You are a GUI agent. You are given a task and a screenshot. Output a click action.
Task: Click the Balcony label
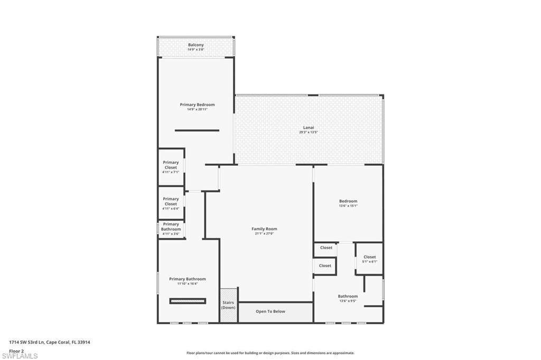coord(196,45)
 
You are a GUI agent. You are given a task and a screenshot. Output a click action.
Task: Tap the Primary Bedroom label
coord(197,105)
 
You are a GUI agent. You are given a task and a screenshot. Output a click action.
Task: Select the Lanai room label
coord(309,127)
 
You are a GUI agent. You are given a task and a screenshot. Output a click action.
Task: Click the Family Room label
coord(264,229)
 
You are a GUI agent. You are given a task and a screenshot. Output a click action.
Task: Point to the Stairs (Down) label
coord(228,305)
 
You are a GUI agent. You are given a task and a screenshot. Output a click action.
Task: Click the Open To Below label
coord(270,311)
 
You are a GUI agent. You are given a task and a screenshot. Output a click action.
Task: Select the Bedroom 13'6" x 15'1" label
coord(348,201)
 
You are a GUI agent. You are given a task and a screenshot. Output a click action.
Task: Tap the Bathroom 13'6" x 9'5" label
coord(348,296)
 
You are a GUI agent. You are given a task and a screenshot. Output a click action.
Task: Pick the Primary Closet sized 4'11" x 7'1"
coord(171,167)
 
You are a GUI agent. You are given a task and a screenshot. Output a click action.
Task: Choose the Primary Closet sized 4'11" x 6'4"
coord(171,204)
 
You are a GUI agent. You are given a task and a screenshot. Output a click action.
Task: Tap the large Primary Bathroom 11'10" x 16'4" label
coord(188,279)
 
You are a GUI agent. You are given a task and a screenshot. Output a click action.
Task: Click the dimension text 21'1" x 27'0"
coord(264,234)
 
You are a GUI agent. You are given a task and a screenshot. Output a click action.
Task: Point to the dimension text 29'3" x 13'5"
coord(309,132)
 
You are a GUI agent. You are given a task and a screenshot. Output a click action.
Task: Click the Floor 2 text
coord(16,350)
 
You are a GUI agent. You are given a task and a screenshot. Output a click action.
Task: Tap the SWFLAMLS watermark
coord(20,356)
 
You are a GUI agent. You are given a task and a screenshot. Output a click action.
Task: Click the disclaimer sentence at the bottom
coord(270,353)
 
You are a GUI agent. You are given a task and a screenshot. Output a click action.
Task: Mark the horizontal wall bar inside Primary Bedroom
coord(197,130)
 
